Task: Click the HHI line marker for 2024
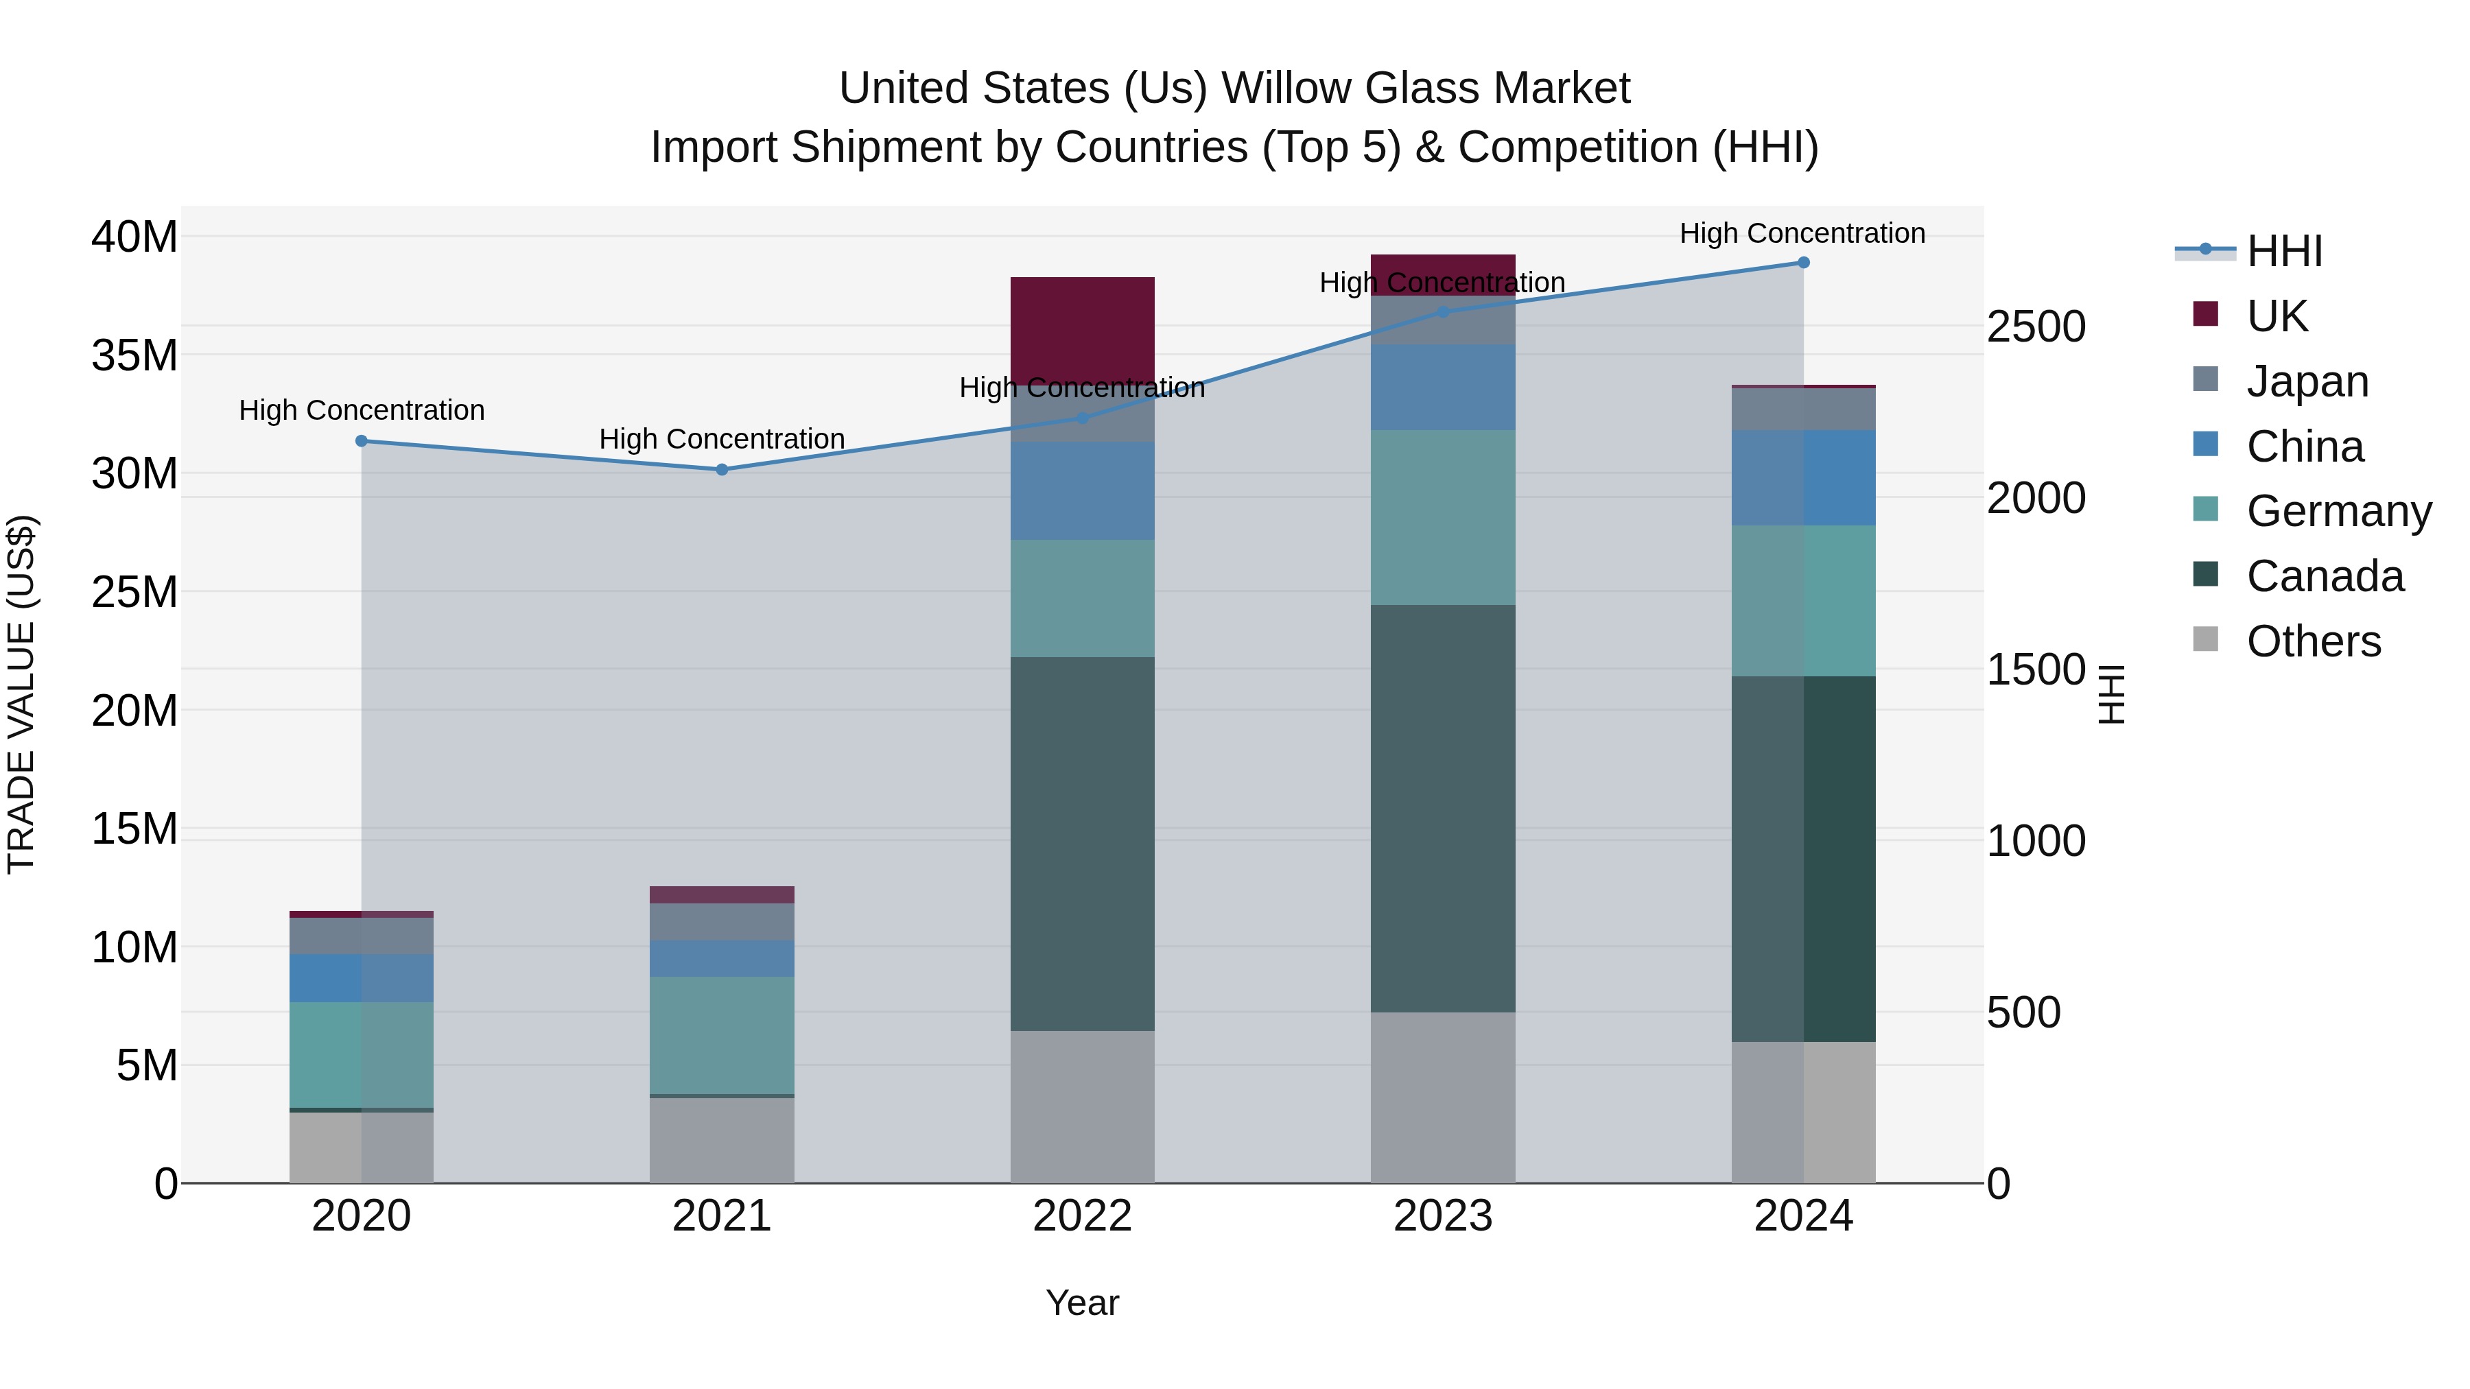(1802, 263)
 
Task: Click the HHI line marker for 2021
(722, 470)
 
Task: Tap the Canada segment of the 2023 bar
(1442, 808)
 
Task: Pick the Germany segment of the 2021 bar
(722, 1035)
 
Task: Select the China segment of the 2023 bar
(1442, 388)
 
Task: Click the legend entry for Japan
(2306, 381)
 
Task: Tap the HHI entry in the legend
(2284, 251)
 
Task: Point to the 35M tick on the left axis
(134, 355)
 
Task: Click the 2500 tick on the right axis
(2035, 327)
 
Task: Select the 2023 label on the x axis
(1442, 1216)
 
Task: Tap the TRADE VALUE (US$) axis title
(21, 694)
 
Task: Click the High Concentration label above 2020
(362, 410)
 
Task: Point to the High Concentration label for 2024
(1802, 233)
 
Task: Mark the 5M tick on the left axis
(147, 1066)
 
